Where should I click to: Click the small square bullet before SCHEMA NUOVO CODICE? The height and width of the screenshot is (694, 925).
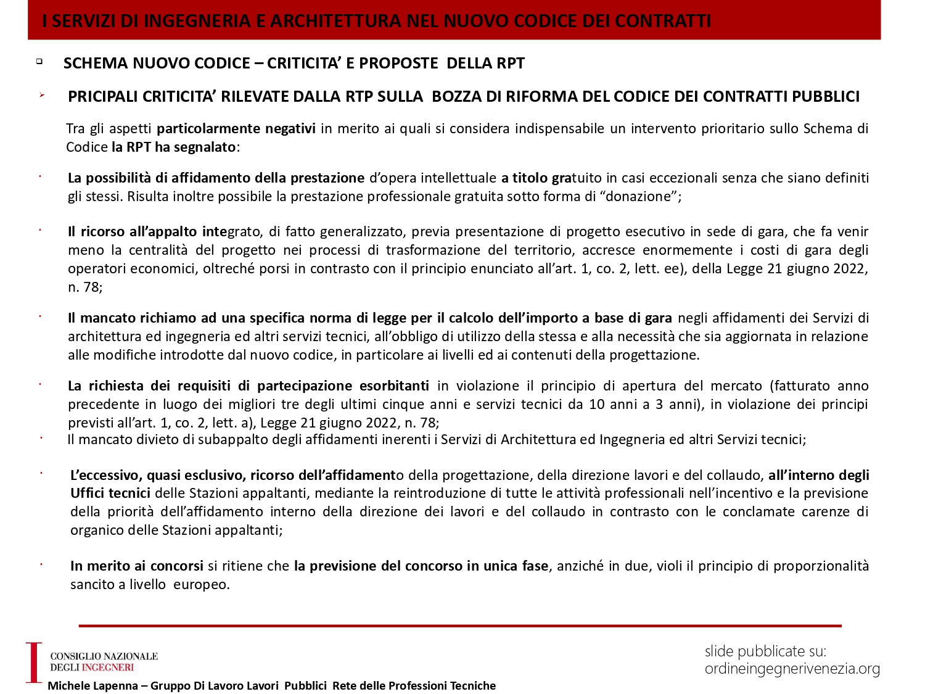39,61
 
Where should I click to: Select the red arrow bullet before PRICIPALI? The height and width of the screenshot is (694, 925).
41,95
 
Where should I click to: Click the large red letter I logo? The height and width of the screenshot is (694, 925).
33,662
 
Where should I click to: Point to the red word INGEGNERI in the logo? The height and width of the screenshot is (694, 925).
108,667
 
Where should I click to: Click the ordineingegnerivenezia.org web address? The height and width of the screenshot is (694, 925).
792,669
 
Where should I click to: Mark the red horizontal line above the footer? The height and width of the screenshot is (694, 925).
460,626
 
